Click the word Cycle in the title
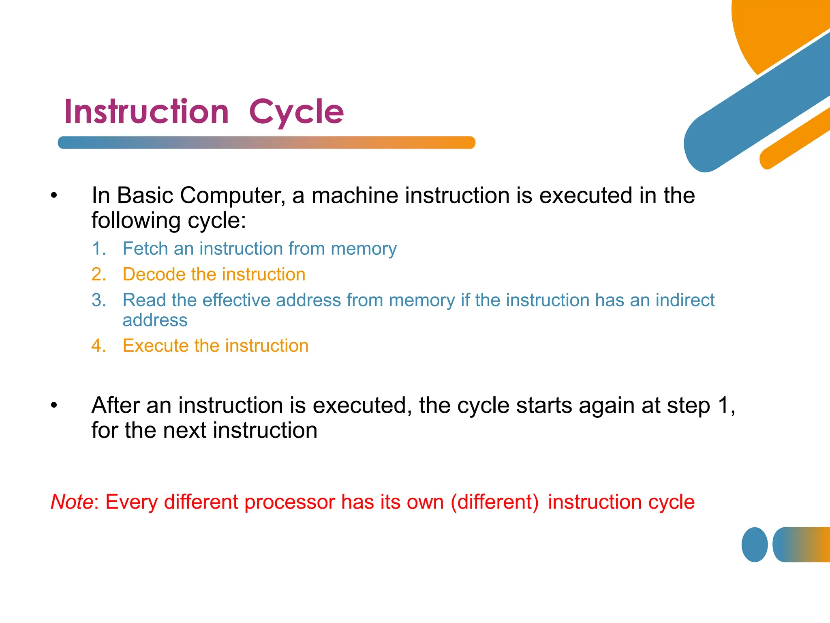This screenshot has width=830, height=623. tap(296, 112)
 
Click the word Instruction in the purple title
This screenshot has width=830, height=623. tap(147, 112)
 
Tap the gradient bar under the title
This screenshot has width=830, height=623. tap(266, 143)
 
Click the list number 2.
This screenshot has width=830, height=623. tap(98, 275)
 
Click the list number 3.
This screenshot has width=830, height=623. tap(98, 300)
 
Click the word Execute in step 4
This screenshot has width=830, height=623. tap(155, 346)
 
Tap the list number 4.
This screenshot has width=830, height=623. tap(98, 346)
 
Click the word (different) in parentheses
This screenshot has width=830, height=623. tap(494, 502)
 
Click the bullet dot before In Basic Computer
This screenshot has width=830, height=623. tap(54, 196)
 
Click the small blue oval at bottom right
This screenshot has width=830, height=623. tap(754, 544)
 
